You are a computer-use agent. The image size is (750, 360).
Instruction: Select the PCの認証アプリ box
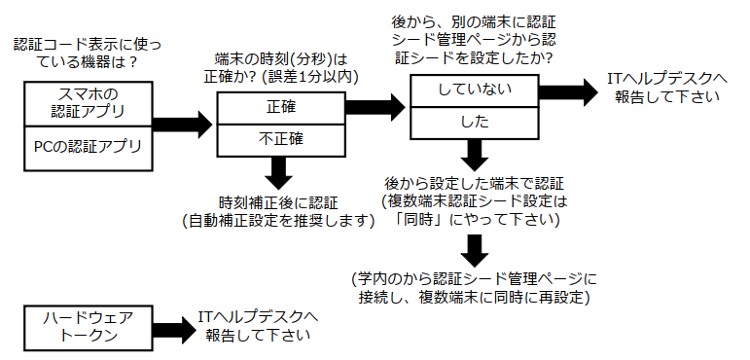pos(87,149)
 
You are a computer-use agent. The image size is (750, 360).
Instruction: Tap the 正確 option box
pos(280,108)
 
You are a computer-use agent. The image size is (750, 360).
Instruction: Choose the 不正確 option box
pos(280,138)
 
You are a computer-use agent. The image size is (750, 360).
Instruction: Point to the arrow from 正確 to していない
pos(375,102)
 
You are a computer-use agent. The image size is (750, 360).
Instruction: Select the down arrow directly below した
pos(474,154)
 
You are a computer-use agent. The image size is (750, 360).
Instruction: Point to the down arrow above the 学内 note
pos(474,249)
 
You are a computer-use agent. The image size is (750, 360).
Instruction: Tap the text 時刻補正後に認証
pos(278,202)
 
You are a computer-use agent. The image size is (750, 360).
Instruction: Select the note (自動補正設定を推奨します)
pos(278,221)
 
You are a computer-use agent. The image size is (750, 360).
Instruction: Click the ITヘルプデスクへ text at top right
pos(667,79)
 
